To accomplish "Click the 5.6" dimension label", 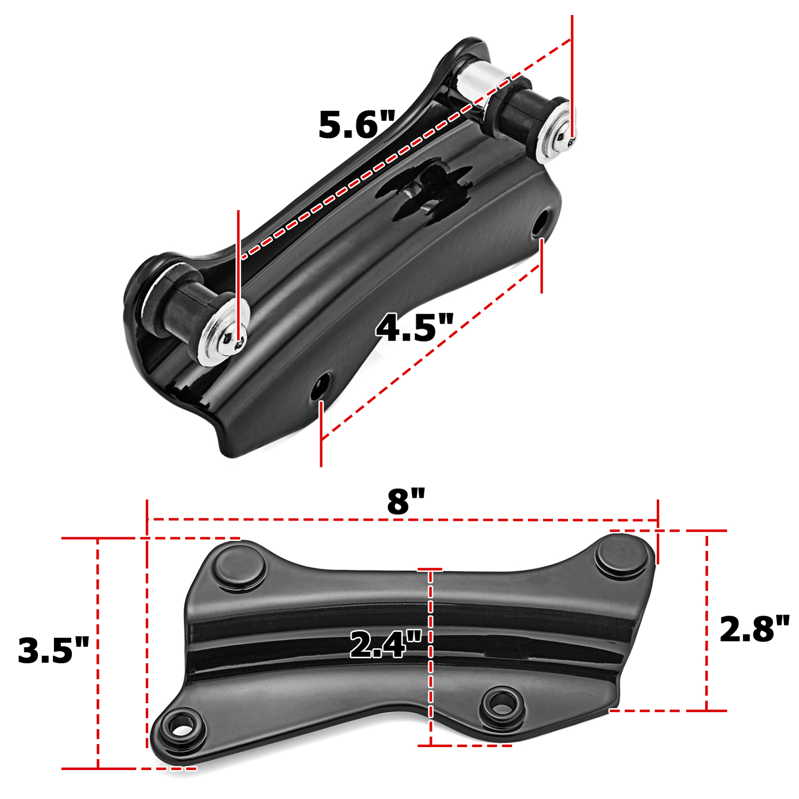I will pyautogui.click(x=357, y=125).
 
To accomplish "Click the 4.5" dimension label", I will pyautogui.click(x=414, y=328).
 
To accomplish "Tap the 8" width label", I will pyautogui.click(x=405, y=501).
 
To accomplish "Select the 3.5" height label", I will pyautogui.click(x=53, y=650).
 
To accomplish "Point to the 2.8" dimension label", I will pyautogui.click(x=754, y=629).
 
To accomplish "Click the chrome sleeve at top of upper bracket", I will pyautogui.click(x=477, y=79).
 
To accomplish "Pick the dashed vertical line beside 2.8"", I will pyautogui.click(x=707, y=619).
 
